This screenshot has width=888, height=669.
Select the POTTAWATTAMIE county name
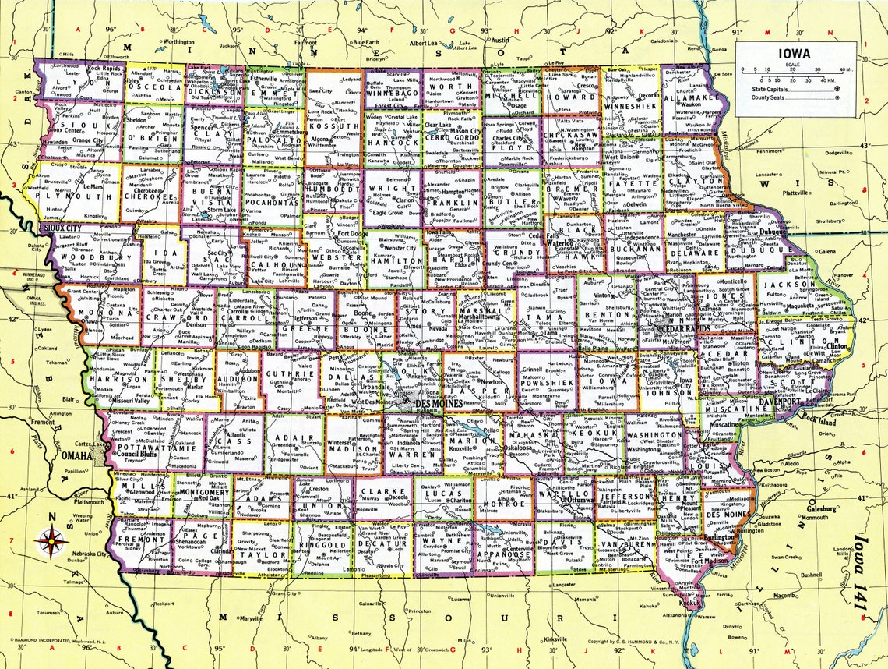point(147,450)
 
